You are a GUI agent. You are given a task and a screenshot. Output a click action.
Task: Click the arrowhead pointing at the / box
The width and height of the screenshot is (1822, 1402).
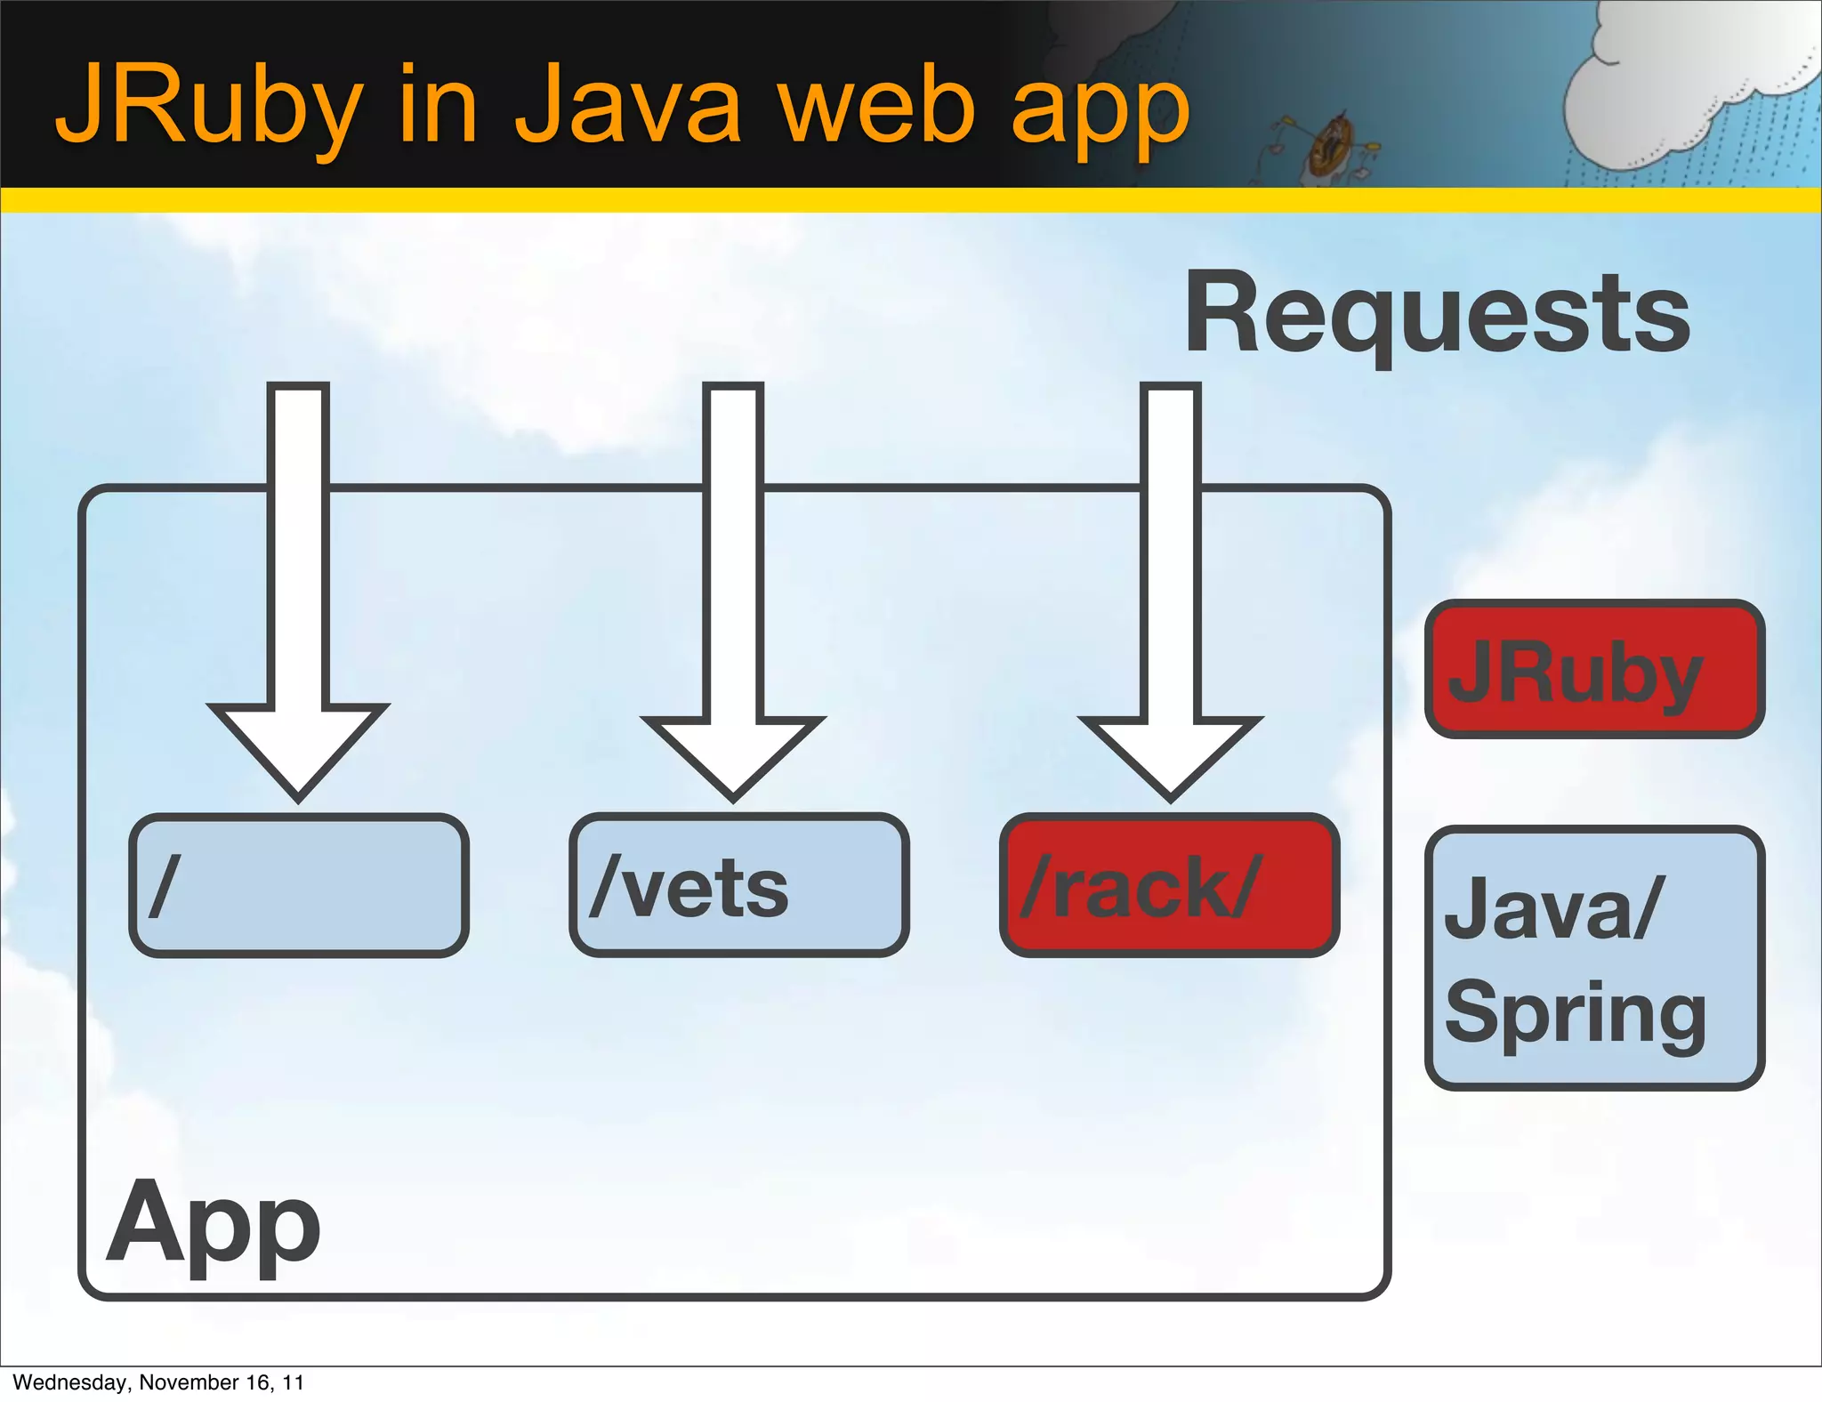(x=298, y=747)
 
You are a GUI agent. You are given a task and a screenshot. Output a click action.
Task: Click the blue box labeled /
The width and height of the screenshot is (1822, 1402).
(x=299, y=885)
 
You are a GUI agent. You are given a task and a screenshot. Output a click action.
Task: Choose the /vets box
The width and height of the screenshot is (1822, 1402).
(x=738, y=885)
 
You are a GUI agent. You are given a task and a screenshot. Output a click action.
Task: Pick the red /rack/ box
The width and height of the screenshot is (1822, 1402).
(x=1169, y=885)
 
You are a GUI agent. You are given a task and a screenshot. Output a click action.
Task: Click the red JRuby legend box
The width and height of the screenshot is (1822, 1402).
(x=1594, y=669)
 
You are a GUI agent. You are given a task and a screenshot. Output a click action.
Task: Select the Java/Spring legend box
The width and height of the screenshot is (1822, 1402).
(x=1594, y=958)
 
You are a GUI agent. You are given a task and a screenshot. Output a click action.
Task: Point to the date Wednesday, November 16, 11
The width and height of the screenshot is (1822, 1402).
(x=158, y=1382)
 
